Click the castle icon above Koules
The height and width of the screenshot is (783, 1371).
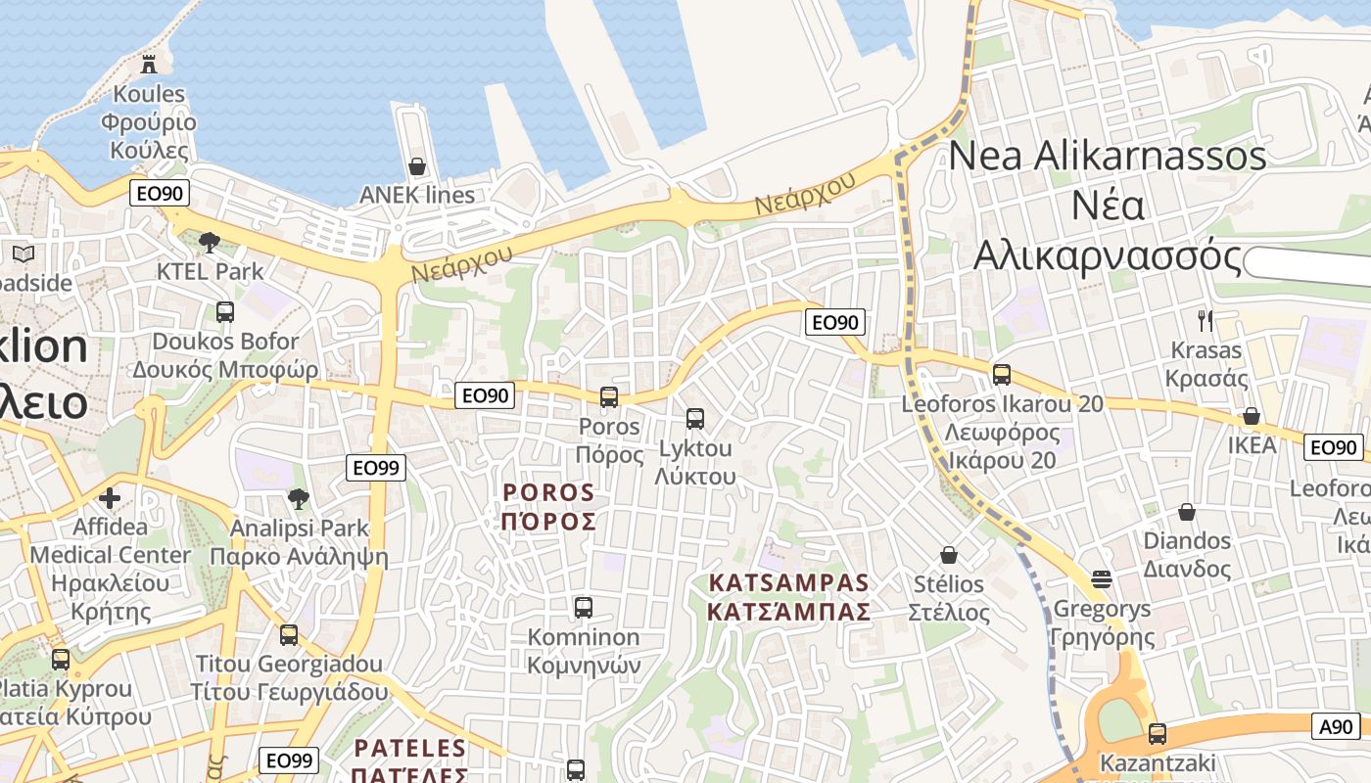(149, 65)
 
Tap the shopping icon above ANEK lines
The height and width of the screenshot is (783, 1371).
(417, 166)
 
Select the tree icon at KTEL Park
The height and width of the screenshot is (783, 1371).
(209, 242)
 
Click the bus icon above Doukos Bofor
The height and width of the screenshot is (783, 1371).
(225, 312)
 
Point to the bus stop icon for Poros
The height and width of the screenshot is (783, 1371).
(609, 396)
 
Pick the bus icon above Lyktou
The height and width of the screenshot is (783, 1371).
(695, 419)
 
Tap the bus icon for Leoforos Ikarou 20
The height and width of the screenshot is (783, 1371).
(1001, 374)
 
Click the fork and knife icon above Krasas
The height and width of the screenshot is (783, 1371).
(1206, 320)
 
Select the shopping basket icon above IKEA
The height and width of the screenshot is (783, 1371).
(1252, 416)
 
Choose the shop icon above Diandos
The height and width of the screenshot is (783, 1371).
(1187, 511)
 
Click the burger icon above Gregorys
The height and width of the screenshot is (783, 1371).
(1102, 579)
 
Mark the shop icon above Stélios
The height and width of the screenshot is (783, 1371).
(947, 555)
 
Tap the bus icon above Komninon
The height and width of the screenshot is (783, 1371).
(584, 607)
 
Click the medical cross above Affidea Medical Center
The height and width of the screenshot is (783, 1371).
(110, 498)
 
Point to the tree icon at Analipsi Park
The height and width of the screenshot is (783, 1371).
(299, 499)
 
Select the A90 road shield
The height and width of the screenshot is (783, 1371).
(1336, 725)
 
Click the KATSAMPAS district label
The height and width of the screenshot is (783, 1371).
(789, 597)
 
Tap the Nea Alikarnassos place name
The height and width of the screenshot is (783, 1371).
(1108, 206)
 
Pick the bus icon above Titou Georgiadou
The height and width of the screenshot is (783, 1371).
(289, 634)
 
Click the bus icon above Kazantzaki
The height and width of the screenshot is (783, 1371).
(1158, 733)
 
